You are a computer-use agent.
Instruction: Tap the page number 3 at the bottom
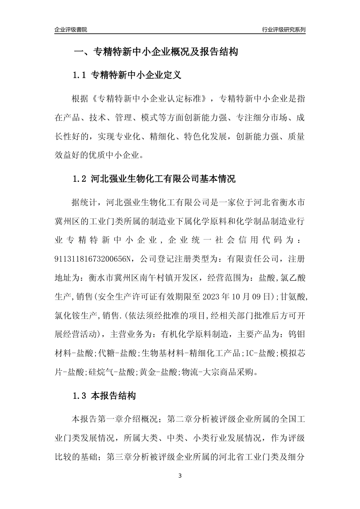pyautogui.click(x=180, y=476)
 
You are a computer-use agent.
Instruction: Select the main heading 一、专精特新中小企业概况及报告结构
pyautogui.click(x=155, y=52)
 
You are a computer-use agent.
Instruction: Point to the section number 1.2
pyautogui.click(x=80, y=179)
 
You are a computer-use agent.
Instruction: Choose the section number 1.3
pyautogui.click(x=80, y=396)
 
